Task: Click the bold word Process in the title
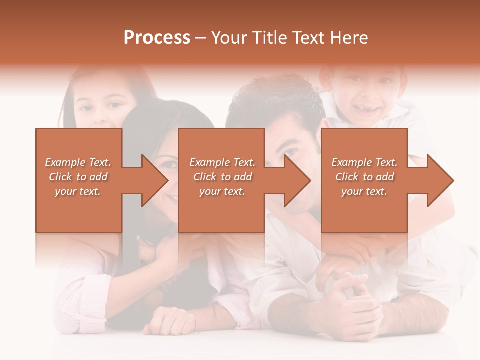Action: tap(157, 38)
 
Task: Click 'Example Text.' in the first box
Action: tap(78, 162)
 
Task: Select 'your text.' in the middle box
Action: tap(222, 191)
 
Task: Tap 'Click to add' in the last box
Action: tap(365, 177)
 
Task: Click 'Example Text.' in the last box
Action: tap(364, 162)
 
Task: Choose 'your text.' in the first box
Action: tap(78, 191)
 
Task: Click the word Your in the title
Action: tap(230, 38)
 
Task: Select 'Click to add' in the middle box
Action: tap(222, 177)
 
